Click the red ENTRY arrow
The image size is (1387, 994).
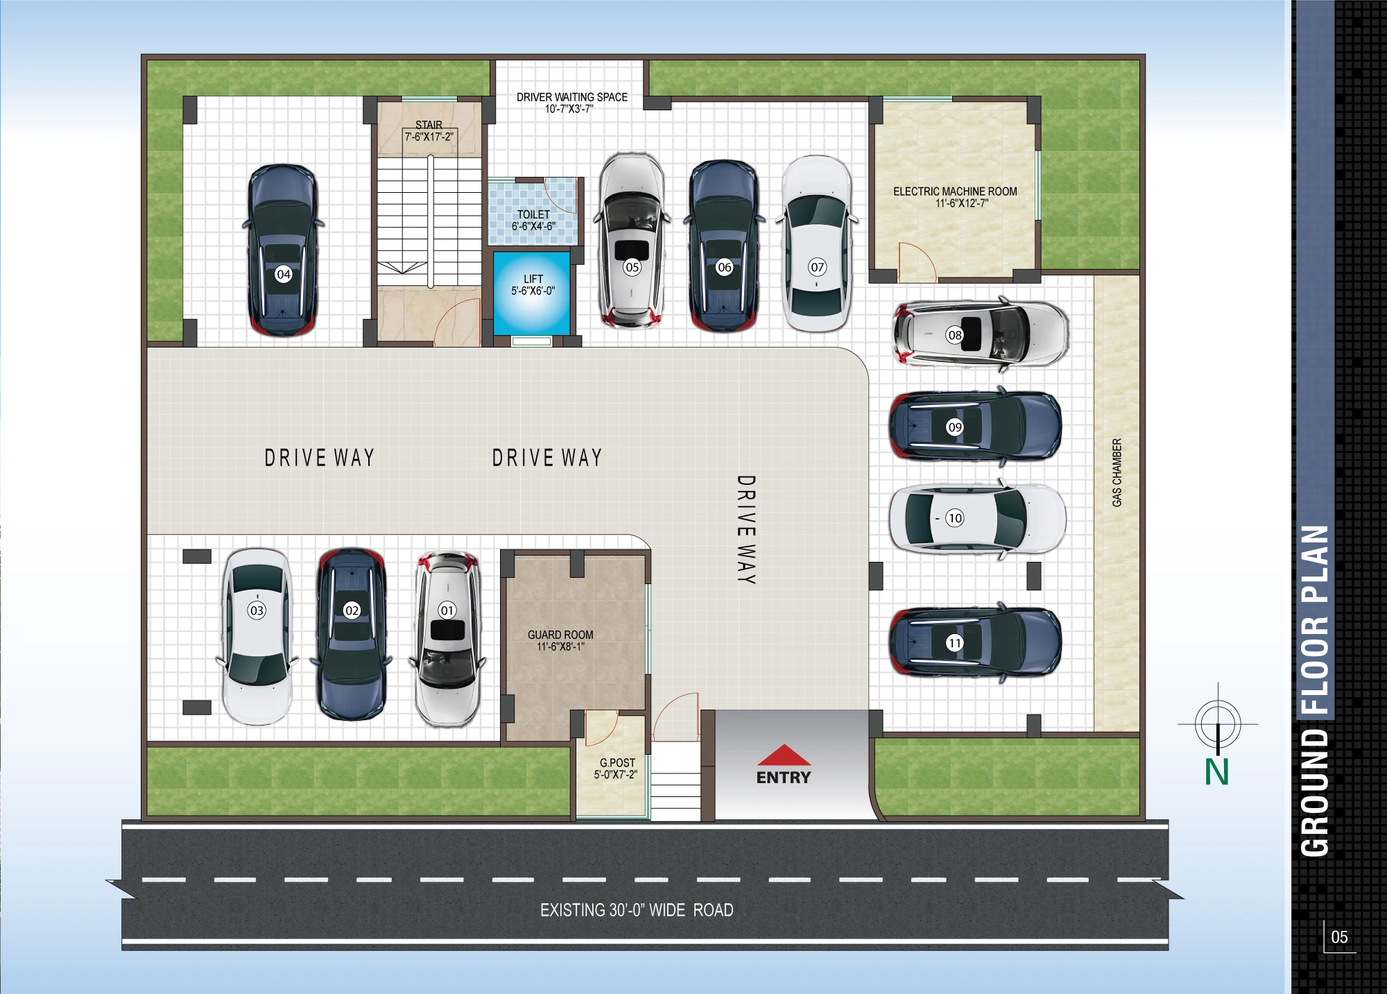784,755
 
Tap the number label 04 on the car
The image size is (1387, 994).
284,274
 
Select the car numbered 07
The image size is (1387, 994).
817,244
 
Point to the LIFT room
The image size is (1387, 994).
532,293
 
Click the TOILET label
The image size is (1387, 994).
533,214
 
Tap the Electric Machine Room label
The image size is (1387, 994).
955,191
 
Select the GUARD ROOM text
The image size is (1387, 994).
560,635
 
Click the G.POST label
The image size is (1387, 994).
617,762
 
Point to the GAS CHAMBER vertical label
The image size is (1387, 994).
1117,472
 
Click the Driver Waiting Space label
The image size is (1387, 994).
572,97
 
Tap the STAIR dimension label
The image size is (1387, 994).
429,137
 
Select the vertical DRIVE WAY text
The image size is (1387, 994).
746,530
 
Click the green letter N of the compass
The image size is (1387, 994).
1217,772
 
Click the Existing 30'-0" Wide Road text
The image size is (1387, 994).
637,910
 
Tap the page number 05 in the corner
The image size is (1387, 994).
1339,937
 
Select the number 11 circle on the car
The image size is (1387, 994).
955,643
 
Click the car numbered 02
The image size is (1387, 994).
352,635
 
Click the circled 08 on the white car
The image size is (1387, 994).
955,335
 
